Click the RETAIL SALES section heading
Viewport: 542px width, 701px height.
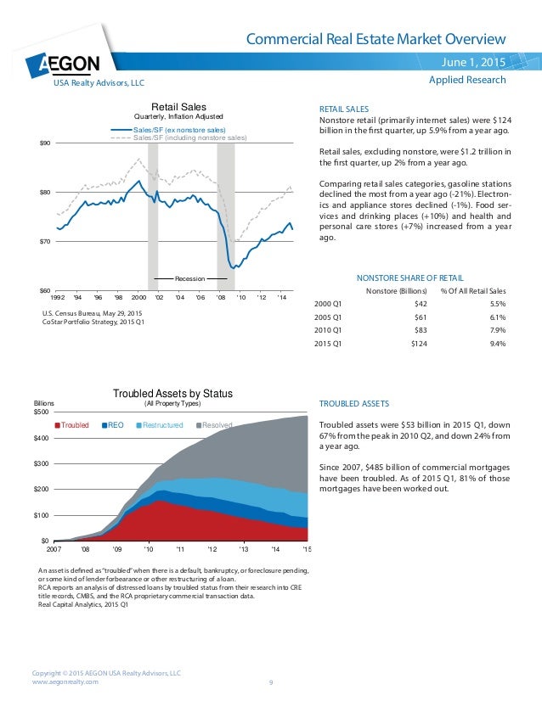343,109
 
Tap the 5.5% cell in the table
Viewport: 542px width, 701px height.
498,303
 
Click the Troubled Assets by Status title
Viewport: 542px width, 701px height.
173,393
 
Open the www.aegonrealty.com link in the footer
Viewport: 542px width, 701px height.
65,681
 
